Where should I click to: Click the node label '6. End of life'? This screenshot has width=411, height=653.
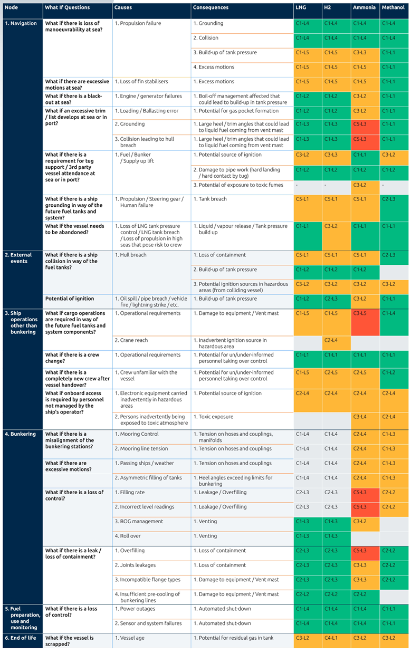coord(21,638)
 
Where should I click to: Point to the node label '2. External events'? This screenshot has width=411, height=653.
coord(18,258)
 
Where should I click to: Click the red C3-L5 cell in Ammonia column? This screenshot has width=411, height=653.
coord(365,322)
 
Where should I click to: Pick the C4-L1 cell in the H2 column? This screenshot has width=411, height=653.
coord(337,641)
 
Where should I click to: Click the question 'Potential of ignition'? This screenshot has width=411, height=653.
coord(70,299)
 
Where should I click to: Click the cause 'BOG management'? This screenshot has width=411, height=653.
coord(139,522)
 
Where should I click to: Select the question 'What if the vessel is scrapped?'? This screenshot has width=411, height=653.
coord(70,641)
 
